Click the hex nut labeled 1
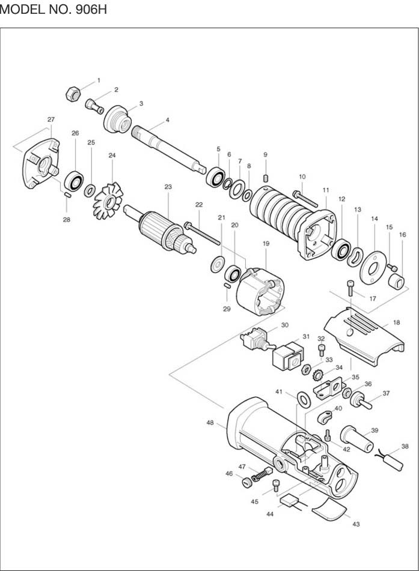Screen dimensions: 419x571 coord(73,94)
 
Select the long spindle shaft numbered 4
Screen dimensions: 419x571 coord(169,150)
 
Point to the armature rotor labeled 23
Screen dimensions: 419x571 coord(161,230)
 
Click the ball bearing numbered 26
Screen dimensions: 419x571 coord(75,180)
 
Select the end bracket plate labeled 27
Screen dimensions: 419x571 coord(41,165)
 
